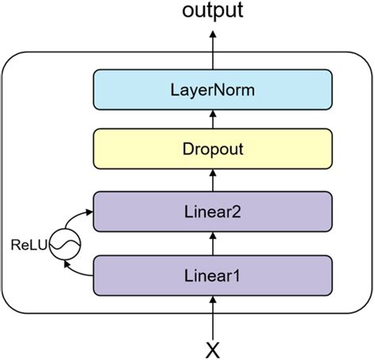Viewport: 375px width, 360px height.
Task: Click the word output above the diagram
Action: [x=213, y=11]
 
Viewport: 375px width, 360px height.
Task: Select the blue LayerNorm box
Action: [x=213, y=89]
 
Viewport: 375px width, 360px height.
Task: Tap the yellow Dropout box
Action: [x=213, y=149]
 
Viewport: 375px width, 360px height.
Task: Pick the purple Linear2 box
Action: [x=213, y=211]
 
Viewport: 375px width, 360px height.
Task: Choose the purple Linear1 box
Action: [x=213, y=275]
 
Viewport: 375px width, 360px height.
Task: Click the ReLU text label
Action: [x=29, y=245]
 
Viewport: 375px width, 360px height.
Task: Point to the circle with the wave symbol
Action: [x=65, y=244]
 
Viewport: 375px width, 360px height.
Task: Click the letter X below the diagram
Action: [x=213, y=351]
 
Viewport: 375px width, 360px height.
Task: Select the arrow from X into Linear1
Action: [x=213, y=318]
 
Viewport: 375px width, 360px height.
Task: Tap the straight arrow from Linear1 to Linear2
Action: [x=213, y=244]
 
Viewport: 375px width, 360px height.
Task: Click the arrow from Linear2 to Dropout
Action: [x=213, y=180]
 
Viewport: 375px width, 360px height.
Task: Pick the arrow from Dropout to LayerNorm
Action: [x=213, y=119]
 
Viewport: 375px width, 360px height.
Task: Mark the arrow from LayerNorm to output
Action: [x=213, y=50]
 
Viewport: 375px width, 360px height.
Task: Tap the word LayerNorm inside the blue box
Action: [x=213, y=90]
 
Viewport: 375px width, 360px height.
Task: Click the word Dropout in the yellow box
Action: [x=213, y=149]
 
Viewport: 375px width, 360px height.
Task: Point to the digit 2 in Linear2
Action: [x=235, y=211]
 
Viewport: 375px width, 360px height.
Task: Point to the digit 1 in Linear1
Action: [x=236, y=275]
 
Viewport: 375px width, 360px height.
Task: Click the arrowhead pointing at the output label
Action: [x=213, y=34]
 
